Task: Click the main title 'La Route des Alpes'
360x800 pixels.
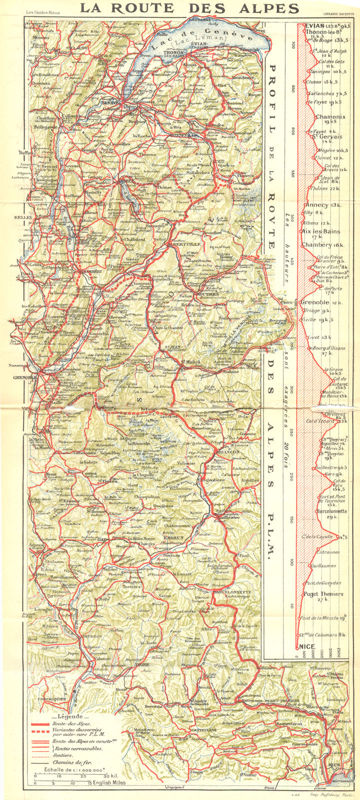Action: (190, 8)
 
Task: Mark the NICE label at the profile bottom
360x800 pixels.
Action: (307, 646)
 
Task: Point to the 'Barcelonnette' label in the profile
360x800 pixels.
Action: (330, 512)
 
